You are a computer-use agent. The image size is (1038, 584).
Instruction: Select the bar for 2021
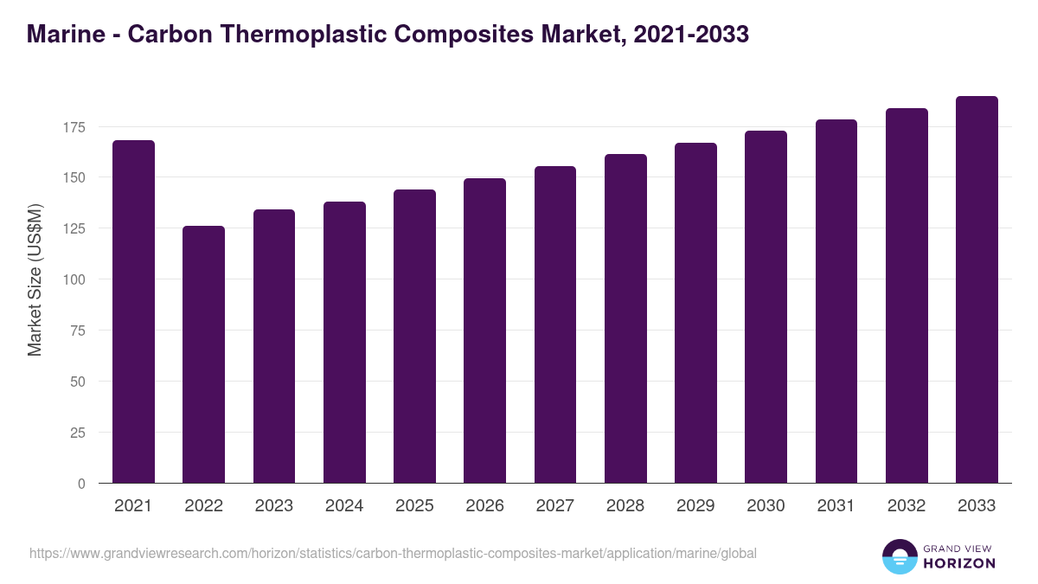[x=133, y=311]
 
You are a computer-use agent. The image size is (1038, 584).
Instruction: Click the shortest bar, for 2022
[x=203, y=355]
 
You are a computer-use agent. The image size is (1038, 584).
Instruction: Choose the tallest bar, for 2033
[x=977, y=290]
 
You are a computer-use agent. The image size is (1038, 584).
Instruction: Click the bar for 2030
[x=766, y=307]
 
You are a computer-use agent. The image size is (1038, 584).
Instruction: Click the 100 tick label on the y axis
[x=75, y=279]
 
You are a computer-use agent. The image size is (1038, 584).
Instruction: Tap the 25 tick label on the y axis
[x=79, y=433]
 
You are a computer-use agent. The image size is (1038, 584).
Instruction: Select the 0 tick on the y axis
[x=82, y=484]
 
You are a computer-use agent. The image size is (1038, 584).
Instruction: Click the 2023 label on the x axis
[x=273, y=506]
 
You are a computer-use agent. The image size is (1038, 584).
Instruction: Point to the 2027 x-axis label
[x=554, y=506]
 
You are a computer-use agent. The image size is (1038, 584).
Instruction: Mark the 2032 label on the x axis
[x=907, y=506]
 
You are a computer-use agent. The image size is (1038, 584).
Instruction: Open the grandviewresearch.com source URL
[x=393, y=553]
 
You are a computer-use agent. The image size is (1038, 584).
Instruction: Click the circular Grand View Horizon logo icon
[x=899, y=556]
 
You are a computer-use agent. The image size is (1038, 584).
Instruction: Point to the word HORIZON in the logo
[x=960, y=563]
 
